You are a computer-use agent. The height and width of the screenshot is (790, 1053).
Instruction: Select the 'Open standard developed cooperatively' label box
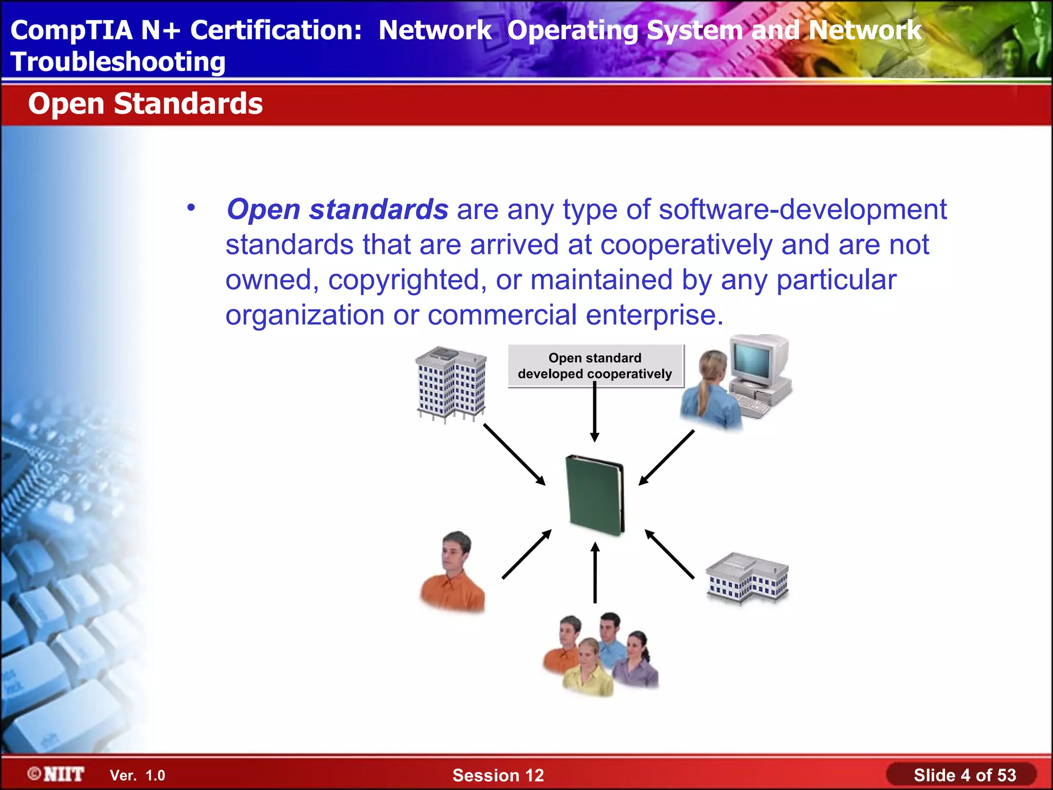[595, 366]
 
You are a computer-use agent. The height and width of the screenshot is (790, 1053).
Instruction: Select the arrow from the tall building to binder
[514, 454]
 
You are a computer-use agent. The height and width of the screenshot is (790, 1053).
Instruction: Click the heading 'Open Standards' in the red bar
[145, 103]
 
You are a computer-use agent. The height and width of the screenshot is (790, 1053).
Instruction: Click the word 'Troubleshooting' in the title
[118, 62]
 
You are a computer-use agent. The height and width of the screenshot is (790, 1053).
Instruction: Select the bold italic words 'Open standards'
[337, 209]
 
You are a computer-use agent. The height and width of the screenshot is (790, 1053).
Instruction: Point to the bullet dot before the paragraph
[191, 208]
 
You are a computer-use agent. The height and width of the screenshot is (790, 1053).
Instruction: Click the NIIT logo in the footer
[56, 774]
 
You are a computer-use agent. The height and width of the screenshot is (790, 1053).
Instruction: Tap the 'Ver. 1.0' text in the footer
[137, 775]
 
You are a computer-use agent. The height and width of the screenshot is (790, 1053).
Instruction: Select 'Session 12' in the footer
[498, 775]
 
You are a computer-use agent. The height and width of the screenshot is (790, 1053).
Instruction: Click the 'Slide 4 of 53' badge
[964, 775]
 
